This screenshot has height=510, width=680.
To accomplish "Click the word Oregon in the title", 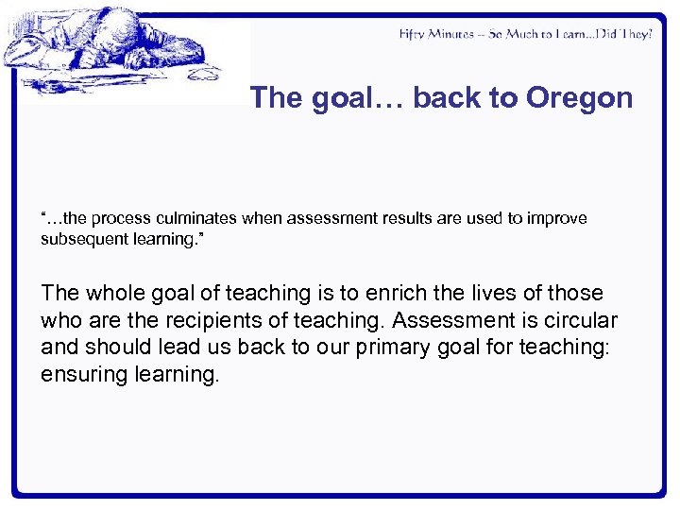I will tap(580, 98).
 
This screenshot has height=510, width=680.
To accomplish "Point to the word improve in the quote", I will tap(557, 218).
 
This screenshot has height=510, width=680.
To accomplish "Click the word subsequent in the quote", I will tap(81, 238).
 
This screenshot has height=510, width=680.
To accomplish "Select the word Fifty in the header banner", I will tap(413, 34).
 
